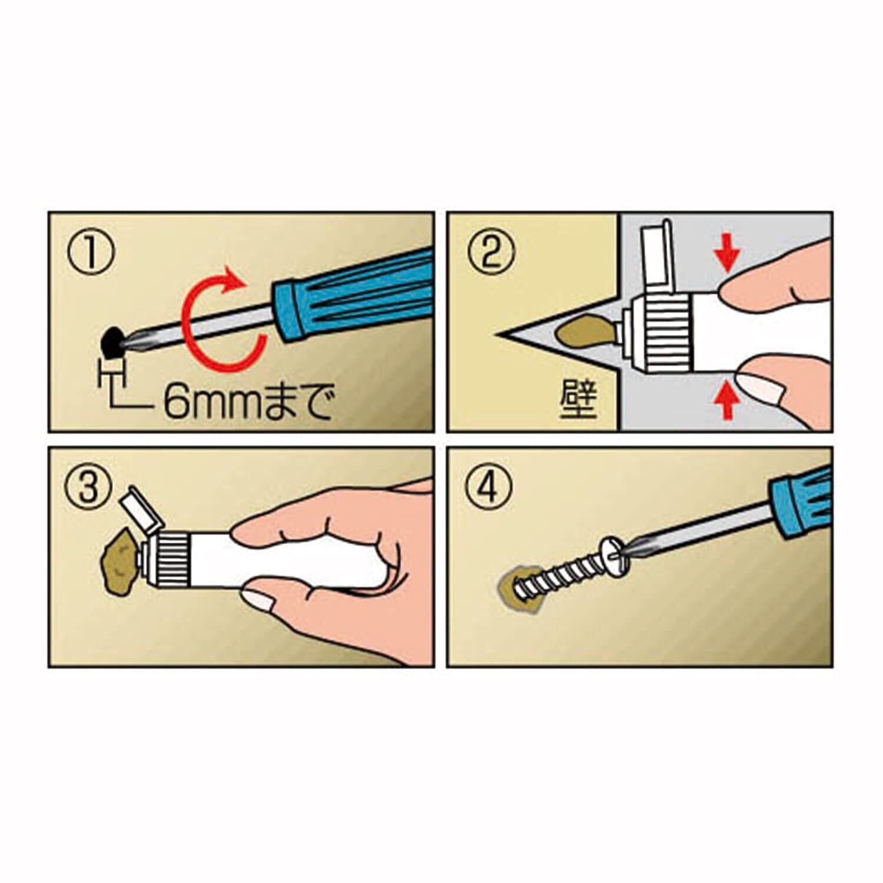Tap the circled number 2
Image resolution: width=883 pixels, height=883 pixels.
490,253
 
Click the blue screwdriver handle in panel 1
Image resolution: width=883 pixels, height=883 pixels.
353,294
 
